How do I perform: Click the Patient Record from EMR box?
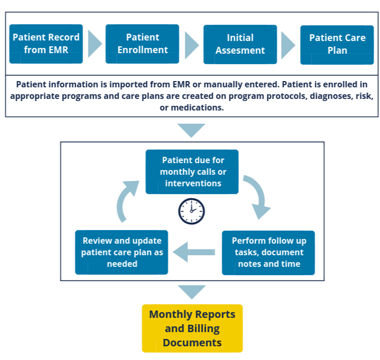46,44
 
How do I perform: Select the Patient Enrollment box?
142,44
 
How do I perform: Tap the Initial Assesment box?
240,44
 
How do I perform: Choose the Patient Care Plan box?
337,44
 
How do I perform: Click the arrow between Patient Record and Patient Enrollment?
94,44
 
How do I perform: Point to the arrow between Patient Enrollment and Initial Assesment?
191,44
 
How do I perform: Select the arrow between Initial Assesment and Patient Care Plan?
288,44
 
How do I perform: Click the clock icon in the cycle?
192,211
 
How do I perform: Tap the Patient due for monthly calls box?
192,172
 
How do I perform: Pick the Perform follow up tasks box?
268,252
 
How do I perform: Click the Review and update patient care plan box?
122,252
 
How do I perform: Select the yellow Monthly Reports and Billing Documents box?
192,328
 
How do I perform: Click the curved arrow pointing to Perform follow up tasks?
256,197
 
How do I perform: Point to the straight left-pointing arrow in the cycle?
194,252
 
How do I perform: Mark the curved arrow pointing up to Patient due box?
126,201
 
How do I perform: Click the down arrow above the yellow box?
192,291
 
